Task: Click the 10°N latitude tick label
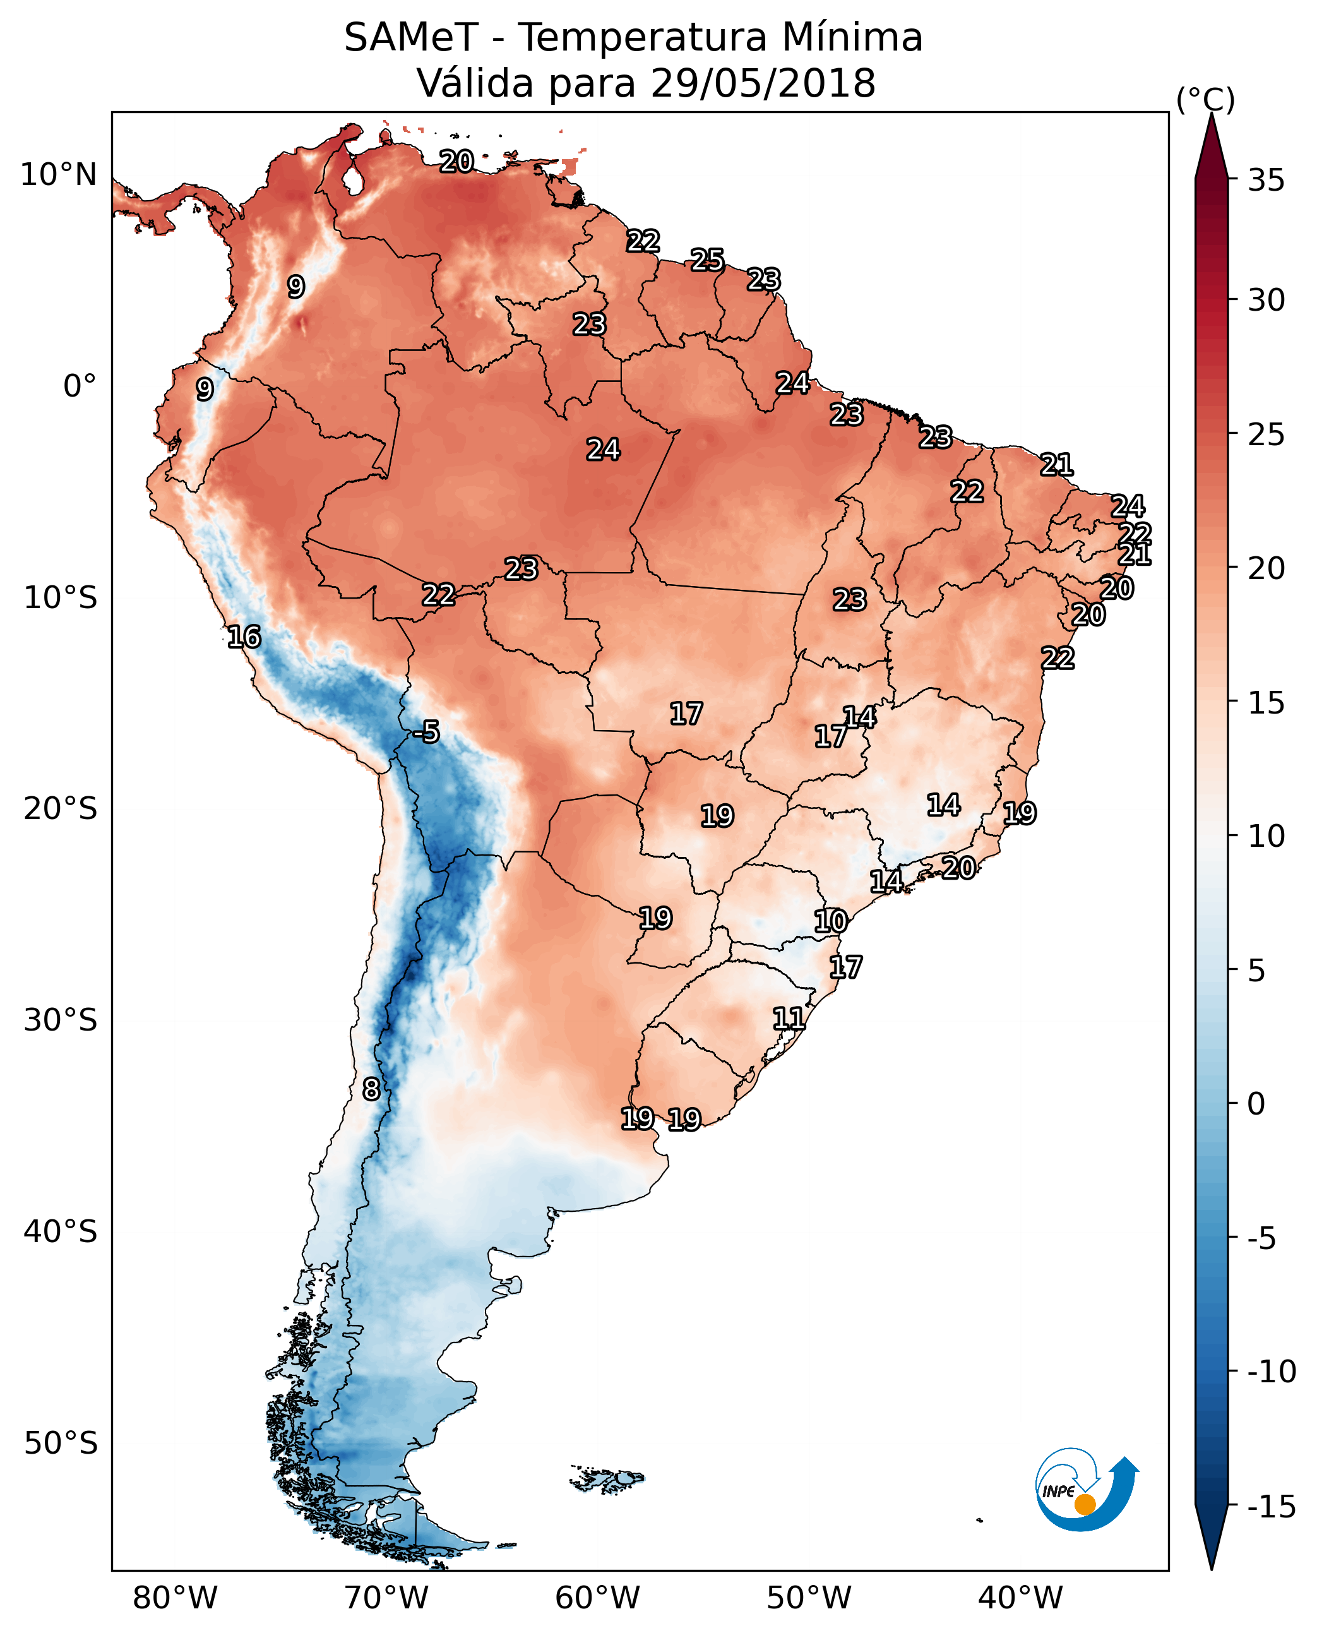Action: [59, 176]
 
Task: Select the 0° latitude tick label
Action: [80, 386]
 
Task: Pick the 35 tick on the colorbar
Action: [1266, 181]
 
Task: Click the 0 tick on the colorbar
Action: [1256, 1104]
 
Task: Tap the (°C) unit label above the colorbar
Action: [1205, 99]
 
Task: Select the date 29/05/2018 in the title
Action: [763, 83]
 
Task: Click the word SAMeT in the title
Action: [411, 37]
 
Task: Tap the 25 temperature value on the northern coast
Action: [707, 260]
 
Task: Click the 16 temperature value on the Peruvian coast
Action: [244, 637]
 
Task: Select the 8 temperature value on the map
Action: [371, 1090]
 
